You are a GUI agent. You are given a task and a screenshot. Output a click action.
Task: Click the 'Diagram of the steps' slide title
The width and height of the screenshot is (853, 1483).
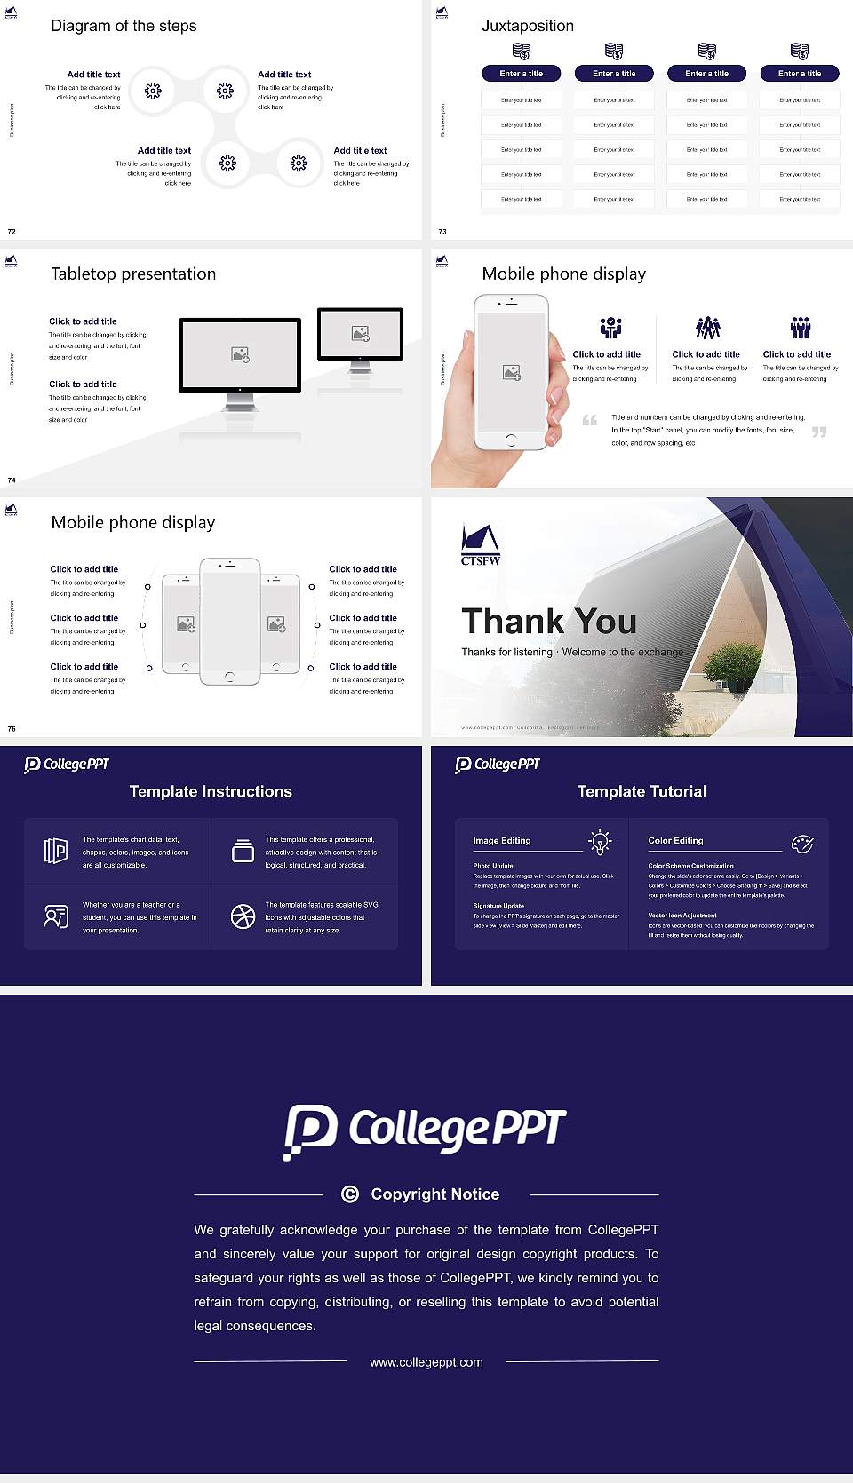point(124,26)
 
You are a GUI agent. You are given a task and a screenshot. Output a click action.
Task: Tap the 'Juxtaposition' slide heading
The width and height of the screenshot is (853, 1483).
point(527,26)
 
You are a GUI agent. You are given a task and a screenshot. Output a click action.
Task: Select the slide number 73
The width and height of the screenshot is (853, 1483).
point(442,232)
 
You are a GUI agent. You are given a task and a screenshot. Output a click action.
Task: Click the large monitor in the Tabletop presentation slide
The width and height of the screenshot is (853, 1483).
point(240,355)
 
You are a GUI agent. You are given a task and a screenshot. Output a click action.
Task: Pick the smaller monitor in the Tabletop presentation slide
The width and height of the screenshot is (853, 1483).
point(360,334)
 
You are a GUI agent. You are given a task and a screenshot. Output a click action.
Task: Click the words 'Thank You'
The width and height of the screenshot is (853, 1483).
point(548,621)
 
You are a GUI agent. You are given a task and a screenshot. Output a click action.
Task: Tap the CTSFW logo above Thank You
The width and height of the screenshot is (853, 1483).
point(480,544)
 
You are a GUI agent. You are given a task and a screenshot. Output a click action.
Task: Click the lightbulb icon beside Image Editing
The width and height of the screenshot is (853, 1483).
point(600,841)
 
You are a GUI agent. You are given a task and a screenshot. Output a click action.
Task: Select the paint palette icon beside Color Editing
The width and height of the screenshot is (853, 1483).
point(801,843)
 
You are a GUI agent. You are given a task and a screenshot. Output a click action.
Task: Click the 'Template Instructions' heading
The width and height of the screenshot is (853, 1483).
point(211,791)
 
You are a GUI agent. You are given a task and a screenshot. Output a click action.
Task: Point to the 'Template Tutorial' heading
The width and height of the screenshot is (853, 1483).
point(642,791)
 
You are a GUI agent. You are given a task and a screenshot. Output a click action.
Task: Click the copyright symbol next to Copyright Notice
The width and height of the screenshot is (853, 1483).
point(350,1194)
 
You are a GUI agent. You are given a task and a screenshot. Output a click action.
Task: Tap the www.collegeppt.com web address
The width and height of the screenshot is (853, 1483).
point(426,1362)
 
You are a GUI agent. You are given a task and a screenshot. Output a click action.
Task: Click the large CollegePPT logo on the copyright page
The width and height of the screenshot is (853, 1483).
point(425,1130)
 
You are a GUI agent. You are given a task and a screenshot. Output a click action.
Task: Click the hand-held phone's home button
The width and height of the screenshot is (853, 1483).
point(511,440)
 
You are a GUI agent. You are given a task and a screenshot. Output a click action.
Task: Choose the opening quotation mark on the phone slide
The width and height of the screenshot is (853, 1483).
point(590,420)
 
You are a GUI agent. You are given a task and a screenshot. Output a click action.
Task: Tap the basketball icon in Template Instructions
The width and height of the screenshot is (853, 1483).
point(243,916)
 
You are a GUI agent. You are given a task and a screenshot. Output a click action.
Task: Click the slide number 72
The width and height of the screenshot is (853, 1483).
point(12,232)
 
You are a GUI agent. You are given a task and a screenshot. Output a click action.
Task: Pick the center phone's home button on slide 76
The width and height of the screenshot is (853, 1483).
point(229,677)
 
